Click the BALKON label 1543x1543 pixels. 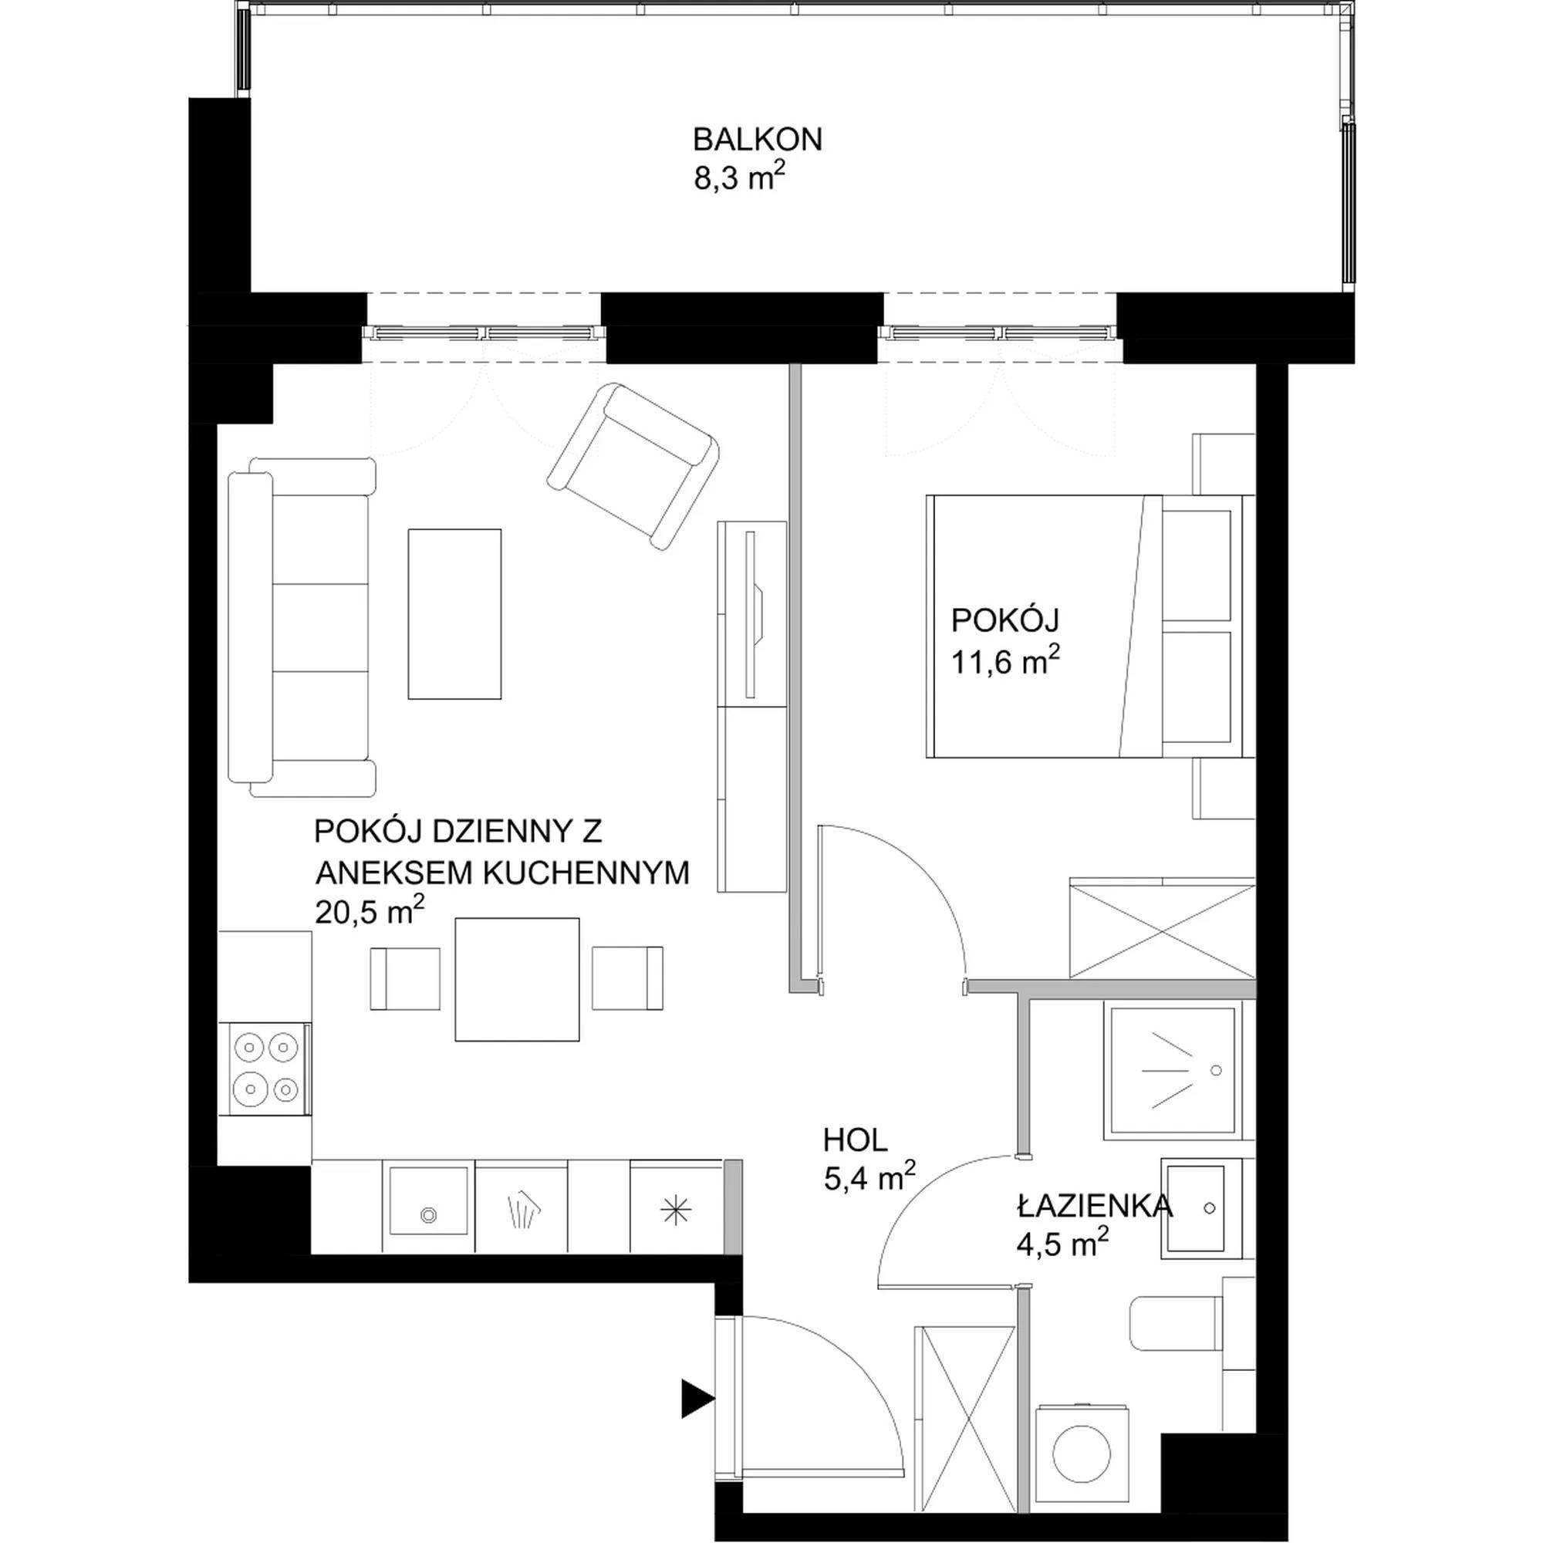pos(757,140)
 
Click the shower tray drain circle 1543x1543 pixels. pos(1216,1069)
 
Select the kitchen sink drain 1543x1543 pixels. pos(429,1215)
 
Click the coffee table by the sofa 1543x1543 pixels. pos(454,613)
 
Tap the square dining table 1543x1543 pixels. pos(517,979)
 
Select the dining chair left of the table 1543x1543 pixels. pos(405,978)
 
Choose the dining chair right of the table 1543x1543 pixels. pos(628,978)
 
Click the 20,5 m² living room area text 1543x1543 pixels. pos(369,910)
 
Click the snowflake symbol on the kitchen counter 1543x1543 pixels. pos(676,1211)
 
